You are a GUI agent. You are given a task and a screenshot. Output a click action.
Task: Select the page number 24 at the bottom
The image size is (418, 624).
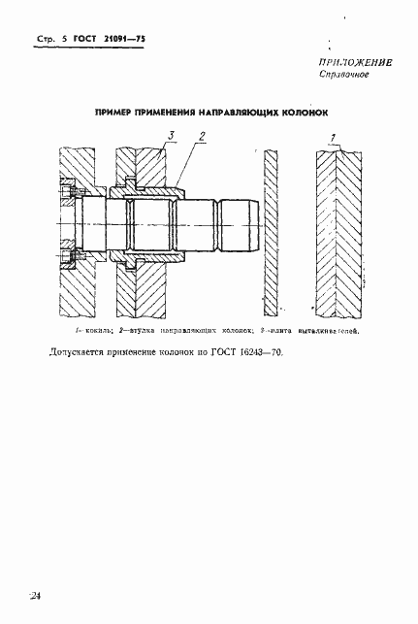pos(35,594)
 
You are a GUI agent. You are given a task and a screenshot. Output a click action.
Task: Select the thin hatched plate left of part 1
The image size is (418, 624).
pos(270,233)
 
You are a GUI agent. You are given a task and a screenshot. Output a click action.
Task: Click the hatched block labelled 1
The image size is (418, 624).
pos(337,233)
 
